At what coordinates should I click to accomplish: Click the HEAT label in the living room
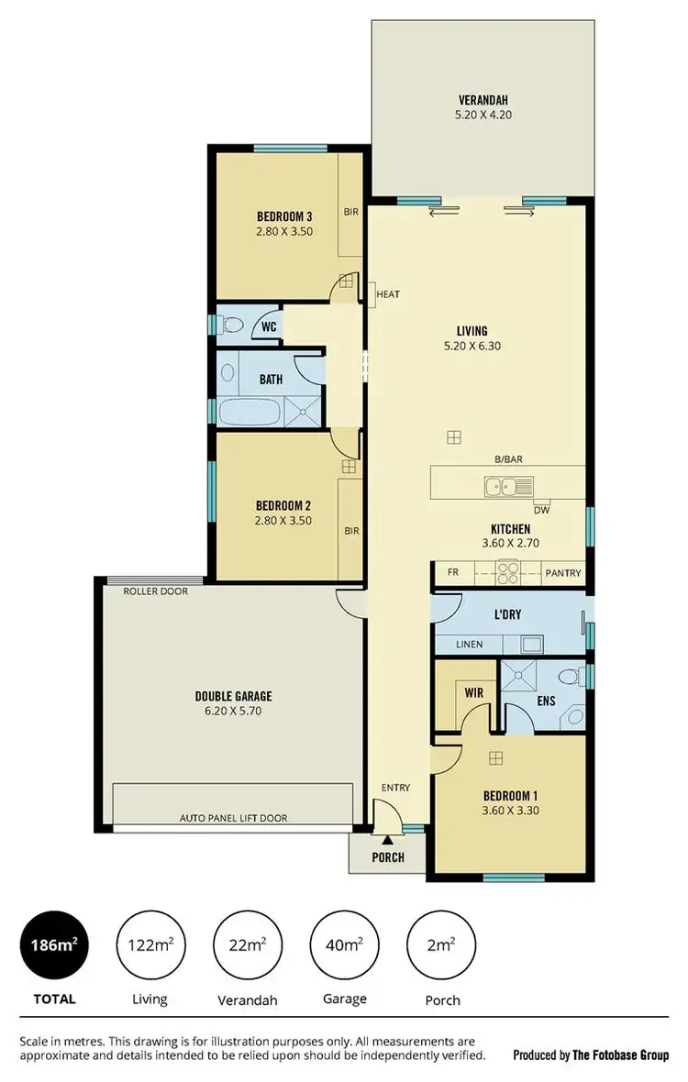click(x=388, y=294)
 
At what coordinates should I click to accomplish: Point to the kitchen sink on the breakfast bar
click(x=503, y=487)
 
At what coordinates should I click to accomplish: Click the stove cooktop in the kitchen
click(x=507, y=573)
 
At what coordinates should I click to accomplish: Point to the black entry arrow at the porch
click(x=388, y=838)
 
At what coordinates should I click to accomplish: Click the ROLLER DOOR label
click(x=156, y=591)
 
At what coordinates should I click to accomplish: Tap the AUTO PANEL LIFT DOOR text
click(x=232, y=816)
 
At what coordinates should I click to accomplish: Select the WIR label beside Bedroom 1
click(x=473, y=693)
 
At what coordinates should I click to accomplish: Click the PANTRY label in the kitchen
click(x=562, y=573)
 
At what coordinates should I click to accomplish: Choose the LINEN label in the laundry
click(x=469, y=645)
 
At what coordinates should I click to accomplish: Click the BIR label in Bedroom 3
click(x=350, y=211)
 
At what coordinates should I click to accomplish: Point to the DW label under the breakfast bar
click(x=543, y=511)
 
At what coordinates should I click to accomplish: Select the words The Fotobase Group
click(x=621, y=1055)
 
